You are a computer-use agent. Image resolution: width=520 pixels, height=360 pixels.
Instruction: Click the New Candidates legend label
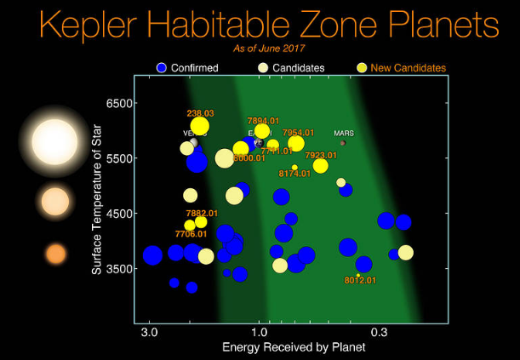point(414,67)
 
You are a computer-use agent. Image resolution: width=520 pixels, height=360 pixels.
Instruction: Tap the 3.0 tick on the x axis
point(150,332)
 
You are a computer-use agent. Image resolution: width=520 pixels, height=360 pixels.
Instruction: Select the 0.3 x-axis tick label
point(380,332)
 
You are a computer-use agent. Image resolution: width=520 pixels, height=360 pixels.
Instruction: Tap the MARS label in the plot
point(344,133)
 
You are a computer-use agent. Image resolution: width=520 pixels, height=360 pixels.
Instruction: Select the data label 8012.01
point(360,280)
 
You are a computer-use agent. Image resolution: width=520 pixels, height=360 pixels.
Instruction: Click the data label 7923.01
point(321,155)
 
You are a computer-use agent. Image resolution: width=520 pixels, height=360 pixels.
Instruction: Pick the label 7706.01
point(191,233)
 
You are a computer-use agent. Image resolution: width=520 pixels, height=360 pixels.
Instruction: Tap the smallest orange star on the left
point(55,254)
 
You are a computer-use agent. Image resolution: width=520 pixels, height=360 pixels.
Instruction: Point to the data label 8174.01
point(294,174)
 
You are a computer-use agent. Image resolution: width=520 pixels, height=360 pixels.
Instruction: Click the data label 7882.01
point(202,213)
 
